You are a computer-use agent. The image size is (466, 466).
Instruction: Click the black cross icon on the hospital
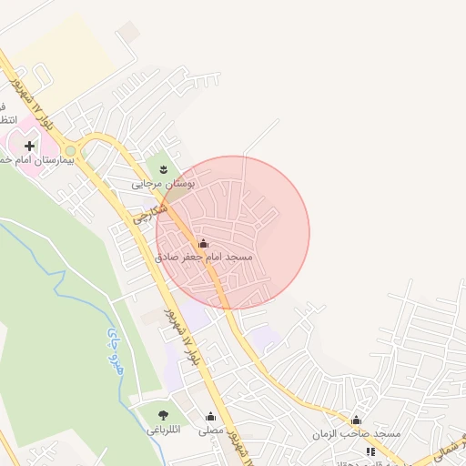click(29, 145)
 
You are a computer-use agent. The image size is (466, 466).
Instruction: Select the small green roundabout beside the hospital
click(70, 150)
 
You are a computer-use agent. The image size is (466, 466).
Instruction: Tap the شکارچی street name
click(150, 215)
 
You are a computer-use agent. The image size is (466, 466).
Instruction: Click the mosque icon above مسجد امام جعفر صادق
click(202, 243)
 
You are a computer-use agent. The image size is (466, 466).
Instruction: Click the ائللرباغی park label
click(165, 430)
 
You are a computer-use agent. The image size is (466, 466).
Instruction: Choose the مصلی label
click(210, 430)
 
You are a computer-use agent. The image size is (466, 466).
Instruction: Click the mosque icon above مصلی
click(210, 416)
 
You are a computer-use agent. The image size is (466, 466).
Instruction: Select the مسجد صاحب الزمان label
click(358, 434)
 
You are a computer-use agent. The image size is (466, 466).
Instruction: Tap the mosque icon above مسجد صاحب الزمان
click(356, 420)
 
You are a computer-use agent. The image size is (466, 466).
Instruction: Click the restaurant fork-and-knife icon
click(370, 451)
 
